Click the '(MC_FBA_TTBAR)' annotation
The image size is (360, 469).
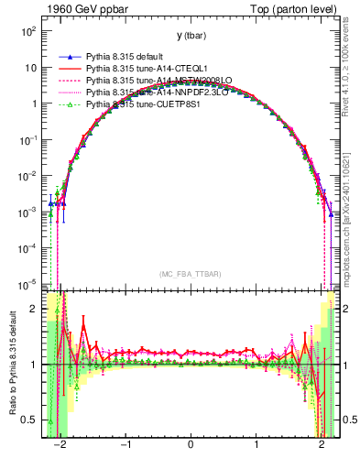pos(190,274)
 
